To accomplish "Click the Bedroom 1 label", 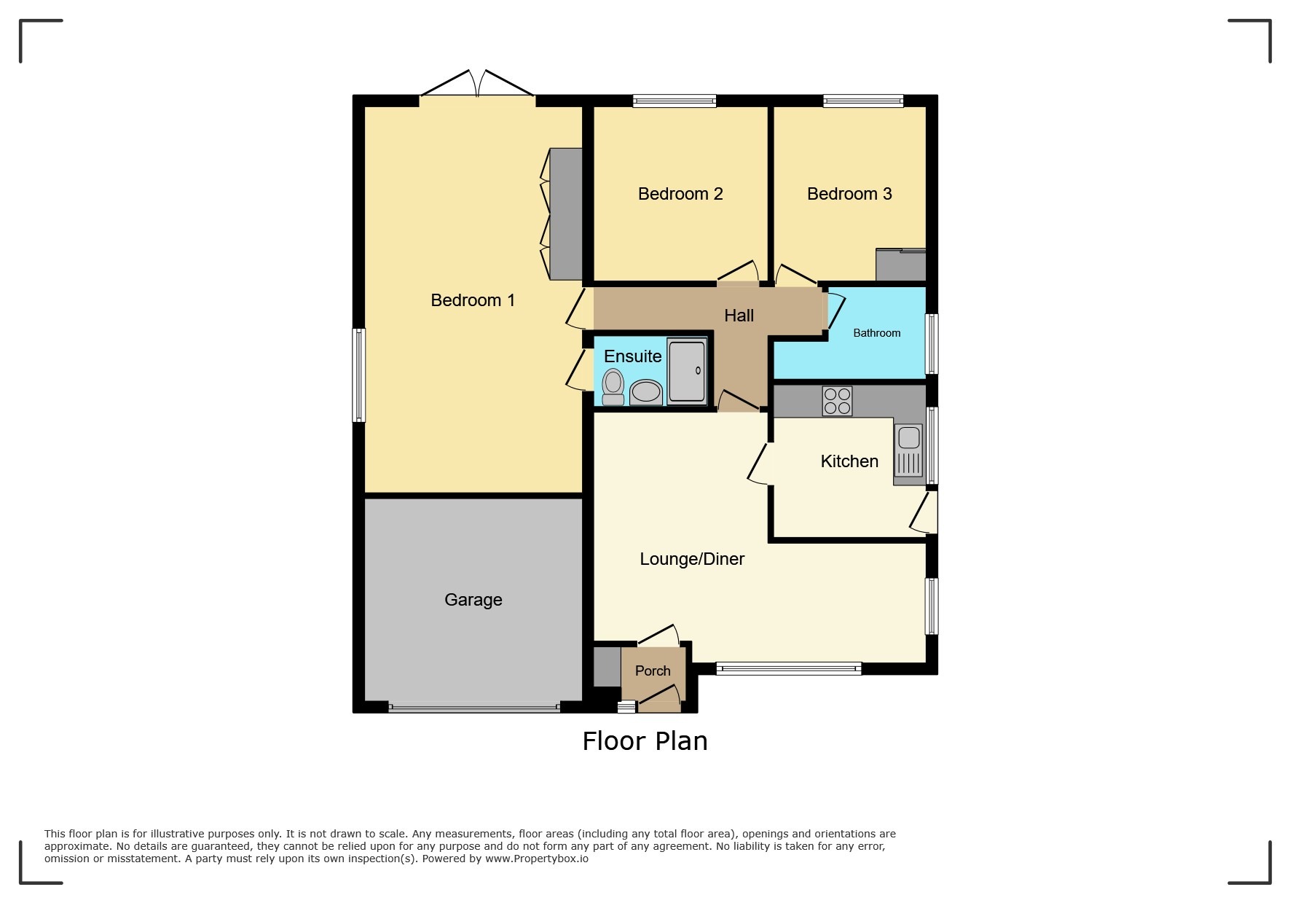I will [473, 300].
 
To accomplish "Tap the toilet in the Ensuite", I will [613, 386].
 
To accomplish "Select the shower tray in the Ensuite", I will [687, 371].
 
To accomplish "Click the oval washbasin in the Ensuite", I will [645, 392].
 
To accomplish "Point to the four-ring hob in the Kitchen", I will [837, 401].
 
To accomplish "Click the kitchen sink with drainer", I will [908, 451].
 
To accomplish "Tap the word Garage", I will [473, 600].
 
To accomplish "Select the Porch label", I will [652, 671].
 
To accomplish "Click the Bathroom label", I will [876, 333].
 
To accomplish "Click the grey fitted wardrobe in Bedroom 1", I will [566, 214].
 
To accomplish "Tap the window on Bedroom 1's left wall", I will [358, 375].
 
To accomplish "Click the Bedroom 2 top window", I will [674, 101].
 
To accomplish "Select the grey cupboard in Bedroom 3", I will [900, 266].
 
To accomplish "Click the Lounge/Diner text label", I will [691, 559].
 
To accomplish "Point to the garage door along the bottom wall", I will [473, 706].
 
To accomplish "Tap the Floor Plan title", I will [645, 741].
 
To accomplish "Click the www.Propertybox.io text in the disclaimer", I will [536, 859].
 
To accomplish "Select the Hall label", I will [739, 316].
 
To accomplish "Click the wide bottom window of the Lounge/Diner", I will [788, 668].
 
